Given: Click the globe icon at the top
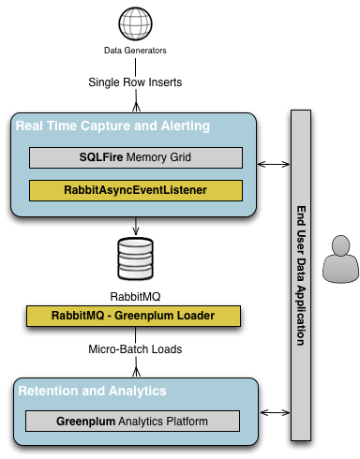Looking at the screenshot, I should click(x=136, y=22).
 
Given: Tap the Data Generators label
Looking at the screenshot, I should click(x=136, y=51).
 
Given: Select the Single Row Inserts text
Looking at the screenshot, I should click(x=136, y=81).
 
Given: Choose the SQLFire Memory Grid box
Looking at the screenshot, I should click(x=135, y=157).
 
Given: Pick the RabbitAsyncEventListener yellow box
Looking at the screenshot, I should click(x=135, y=190).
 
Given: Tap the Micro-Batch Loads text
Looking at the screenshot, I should click(x=136, y=349).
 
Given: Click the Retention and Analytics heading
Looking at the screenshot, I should click(x=91, y=390).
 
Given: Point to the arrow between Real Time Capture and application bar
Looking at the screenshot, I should click(x=273, y=164).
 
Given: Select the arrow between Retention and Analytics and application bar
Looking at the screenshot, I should click(x=273, y=411).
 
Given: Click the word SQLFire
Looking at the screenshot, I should click(x=101, y=157).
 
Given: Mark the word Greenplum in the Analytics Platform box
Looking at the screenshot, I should click(x=87, y=421).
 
